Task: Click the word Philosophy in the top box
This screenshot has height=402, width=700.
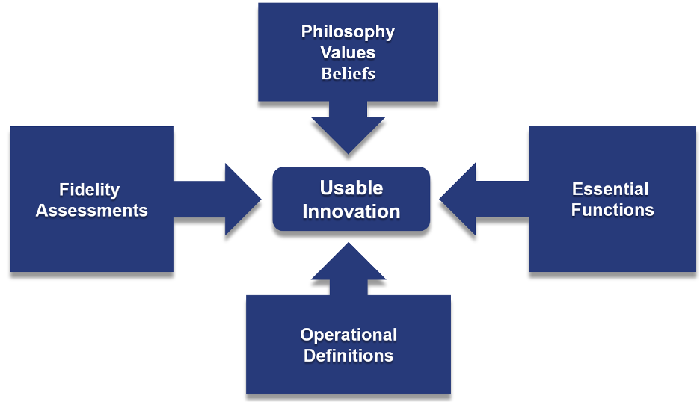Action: pyautogui.click(x=348, y=32)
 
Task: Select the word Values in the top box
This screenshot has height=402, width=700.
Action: pyautogui.click(x=348, y=53)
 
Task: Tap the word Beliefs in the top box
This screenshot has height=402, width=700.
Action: pyautogui.click(x=348, y=73)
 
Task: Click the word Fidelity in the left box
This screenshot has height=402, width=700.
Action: pyautogui.click(x=90, y=190)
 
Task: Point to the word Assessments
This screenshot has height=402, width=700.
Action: pyautogui.click(x=91, y=210)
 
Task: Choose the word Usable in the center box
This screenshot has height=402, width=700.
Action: pyautogui.click(x=351, y=188)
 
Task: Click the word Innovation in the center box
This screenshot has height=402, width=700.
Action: pyautogui.click(x=351, y=211)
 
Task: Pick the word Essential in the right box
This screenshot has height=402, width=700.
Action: pyautogui.click(x=610, y=189)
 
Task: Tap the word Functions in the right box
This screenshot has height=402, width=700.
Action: pyautogui.click(x=612, y=210)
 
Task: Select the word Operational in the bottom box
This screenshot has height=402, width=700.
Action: pyautogui.click(x=349, y=334)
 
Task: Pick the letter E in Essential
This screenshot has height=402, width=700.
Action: pyautogui.click(x=577, y=189)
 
